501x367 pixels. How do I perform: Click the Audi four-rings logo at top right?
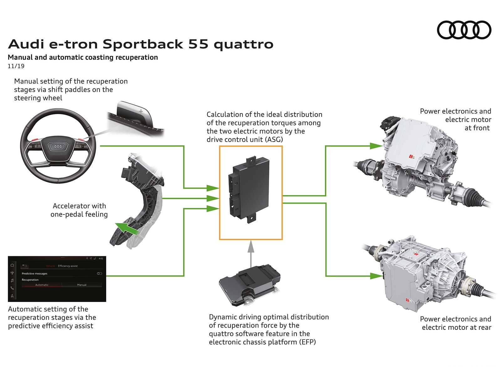click(464, 30)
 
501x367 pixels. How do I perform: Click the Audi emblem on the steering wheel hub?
click(58, 146)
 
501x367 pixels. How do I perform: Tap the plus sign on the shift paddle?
click(141, 111)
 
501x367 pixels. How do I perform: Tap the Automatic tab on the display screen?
click(42, 285)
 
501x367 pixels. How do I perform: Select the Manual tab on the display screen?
click(82, 285)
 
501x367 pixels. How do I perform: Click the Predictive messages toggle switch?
click(100, 274)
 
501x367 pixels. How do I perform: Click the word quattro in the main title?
click(243, 44)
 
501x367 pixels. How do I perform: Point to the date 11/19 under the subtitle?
click(16, 66)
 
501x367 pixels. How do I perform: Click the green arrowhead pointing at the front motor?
click(376, 146)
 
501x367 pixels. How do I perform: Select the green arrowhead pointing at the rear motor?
click(376, 276)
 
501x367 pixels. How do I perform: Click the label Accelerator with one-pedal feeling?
click(79, 210)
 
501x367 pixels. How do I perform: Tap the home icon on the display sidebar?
click(12, 265)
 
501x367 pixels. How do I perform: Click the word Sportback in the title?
click(143, 44)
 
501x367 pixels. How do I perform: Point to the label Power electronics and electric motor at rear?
click(456, 323)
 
